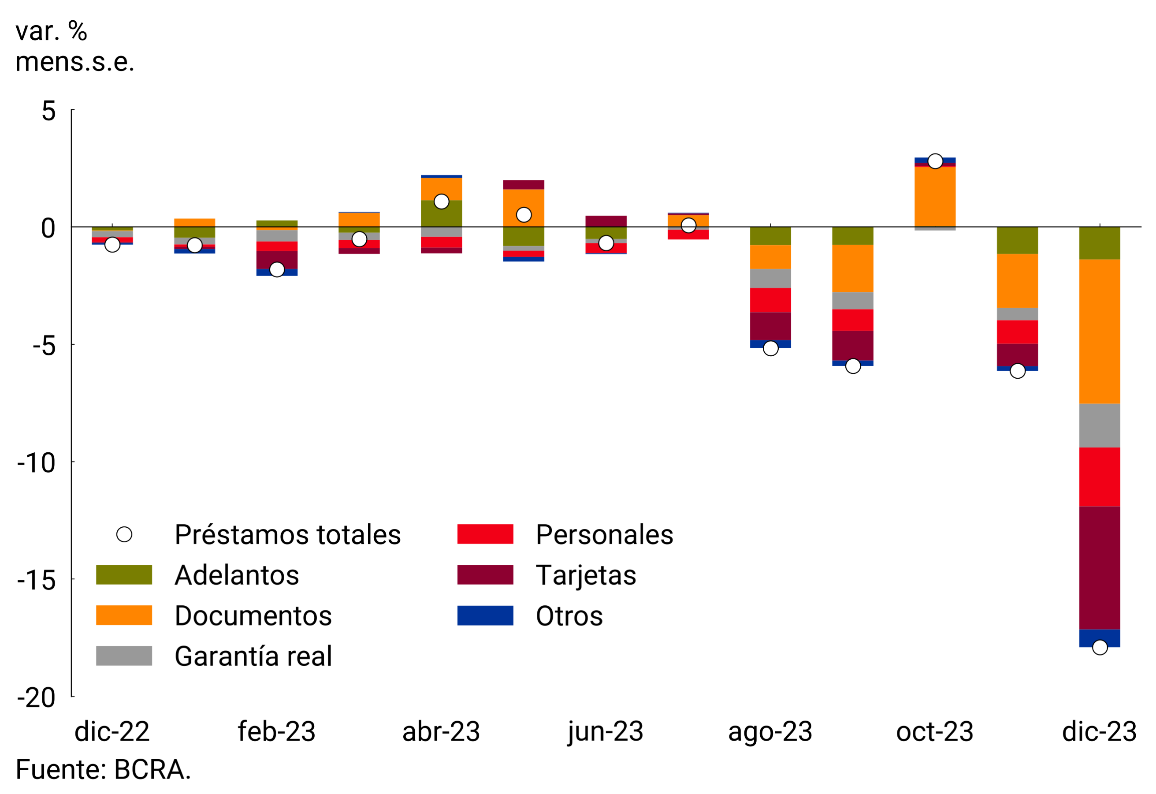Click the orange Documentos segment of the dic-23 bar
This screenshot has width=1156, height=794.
tap(1099, 332)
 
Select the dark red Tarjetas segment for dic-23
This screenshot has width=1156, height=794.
tap(1099, 568)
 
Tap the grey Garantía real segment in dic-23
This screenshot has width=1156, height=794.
tap(1099, 426)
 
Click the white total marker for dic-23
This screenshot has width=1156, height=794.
tap(1100, 647)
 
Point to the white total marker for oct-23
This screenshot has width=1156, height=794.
tap(935, 161)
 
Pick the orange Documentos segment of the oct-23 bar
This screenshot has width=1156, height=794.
tap(935, 197)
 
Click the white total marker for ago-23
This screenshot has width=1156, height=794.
tap(770, 348)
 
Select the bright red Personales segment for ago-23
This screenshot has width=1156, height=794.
tap(770, 300)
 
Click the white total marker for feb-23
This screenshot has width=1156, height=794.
tap(277, 269)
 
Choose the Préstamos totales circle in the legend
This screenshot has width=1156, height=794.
tap(124, 534)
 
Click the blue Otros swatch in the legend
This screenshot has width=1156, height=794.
tap(485, 615)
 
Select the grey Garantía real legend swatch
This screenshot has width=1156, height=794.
tap(124, 656)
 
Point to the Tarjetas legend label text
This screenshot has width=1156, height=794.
tap(585, 575)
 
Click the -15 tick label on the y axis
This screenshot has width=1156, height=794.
tap(36, 580)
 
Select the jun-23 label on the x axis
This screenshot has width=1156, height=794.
tap(606, 732)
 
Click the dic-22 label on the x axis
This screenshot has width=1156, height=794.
tap(112, 732)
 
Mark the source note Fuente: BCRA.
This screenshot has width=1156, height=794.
tap(103, 770)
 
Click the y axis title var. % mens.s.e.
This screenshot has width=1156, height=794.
tap(74, 46)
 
